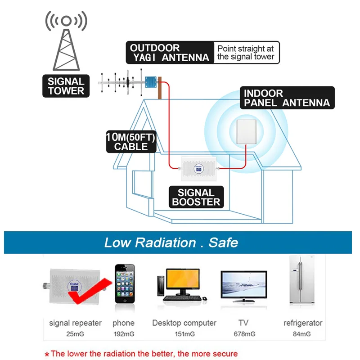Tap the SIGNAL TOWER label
click(66, 86)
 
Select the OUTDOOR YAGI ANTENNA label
click(169, 53)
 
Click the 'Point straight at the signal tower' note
click(245, 53)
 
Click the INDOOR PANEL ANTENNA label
click(287, 98)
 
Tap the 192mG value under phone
click(123, 334)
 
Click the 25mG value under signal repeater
click(75, 334)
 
